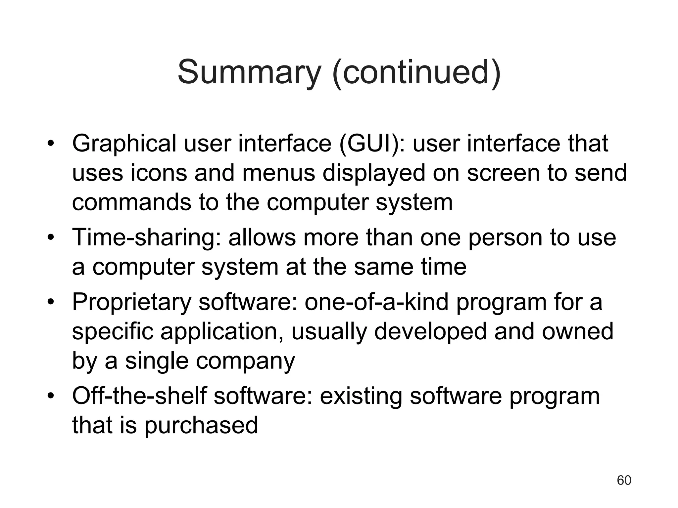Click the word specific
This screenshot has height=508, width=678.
pos(113,332)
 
